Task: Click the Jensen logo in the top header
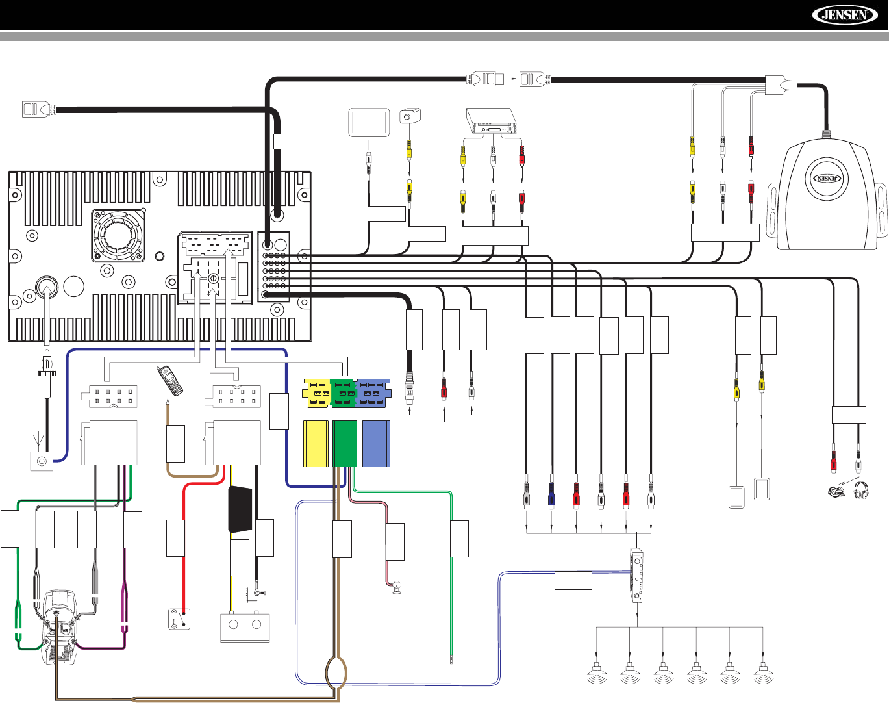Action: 845,16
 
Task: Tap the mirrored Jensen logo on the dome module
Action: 827,179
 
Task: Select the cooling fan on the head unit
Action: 118,236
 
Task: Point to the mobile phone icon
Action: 169,381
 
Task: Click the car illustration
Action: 60,626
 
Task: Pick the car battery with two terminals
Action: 245,626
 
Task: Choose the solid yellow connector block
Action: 316,444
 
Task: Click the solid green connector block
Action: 345,444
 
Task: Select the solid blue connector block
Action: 377,444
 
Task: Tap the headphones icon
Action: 861,490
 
